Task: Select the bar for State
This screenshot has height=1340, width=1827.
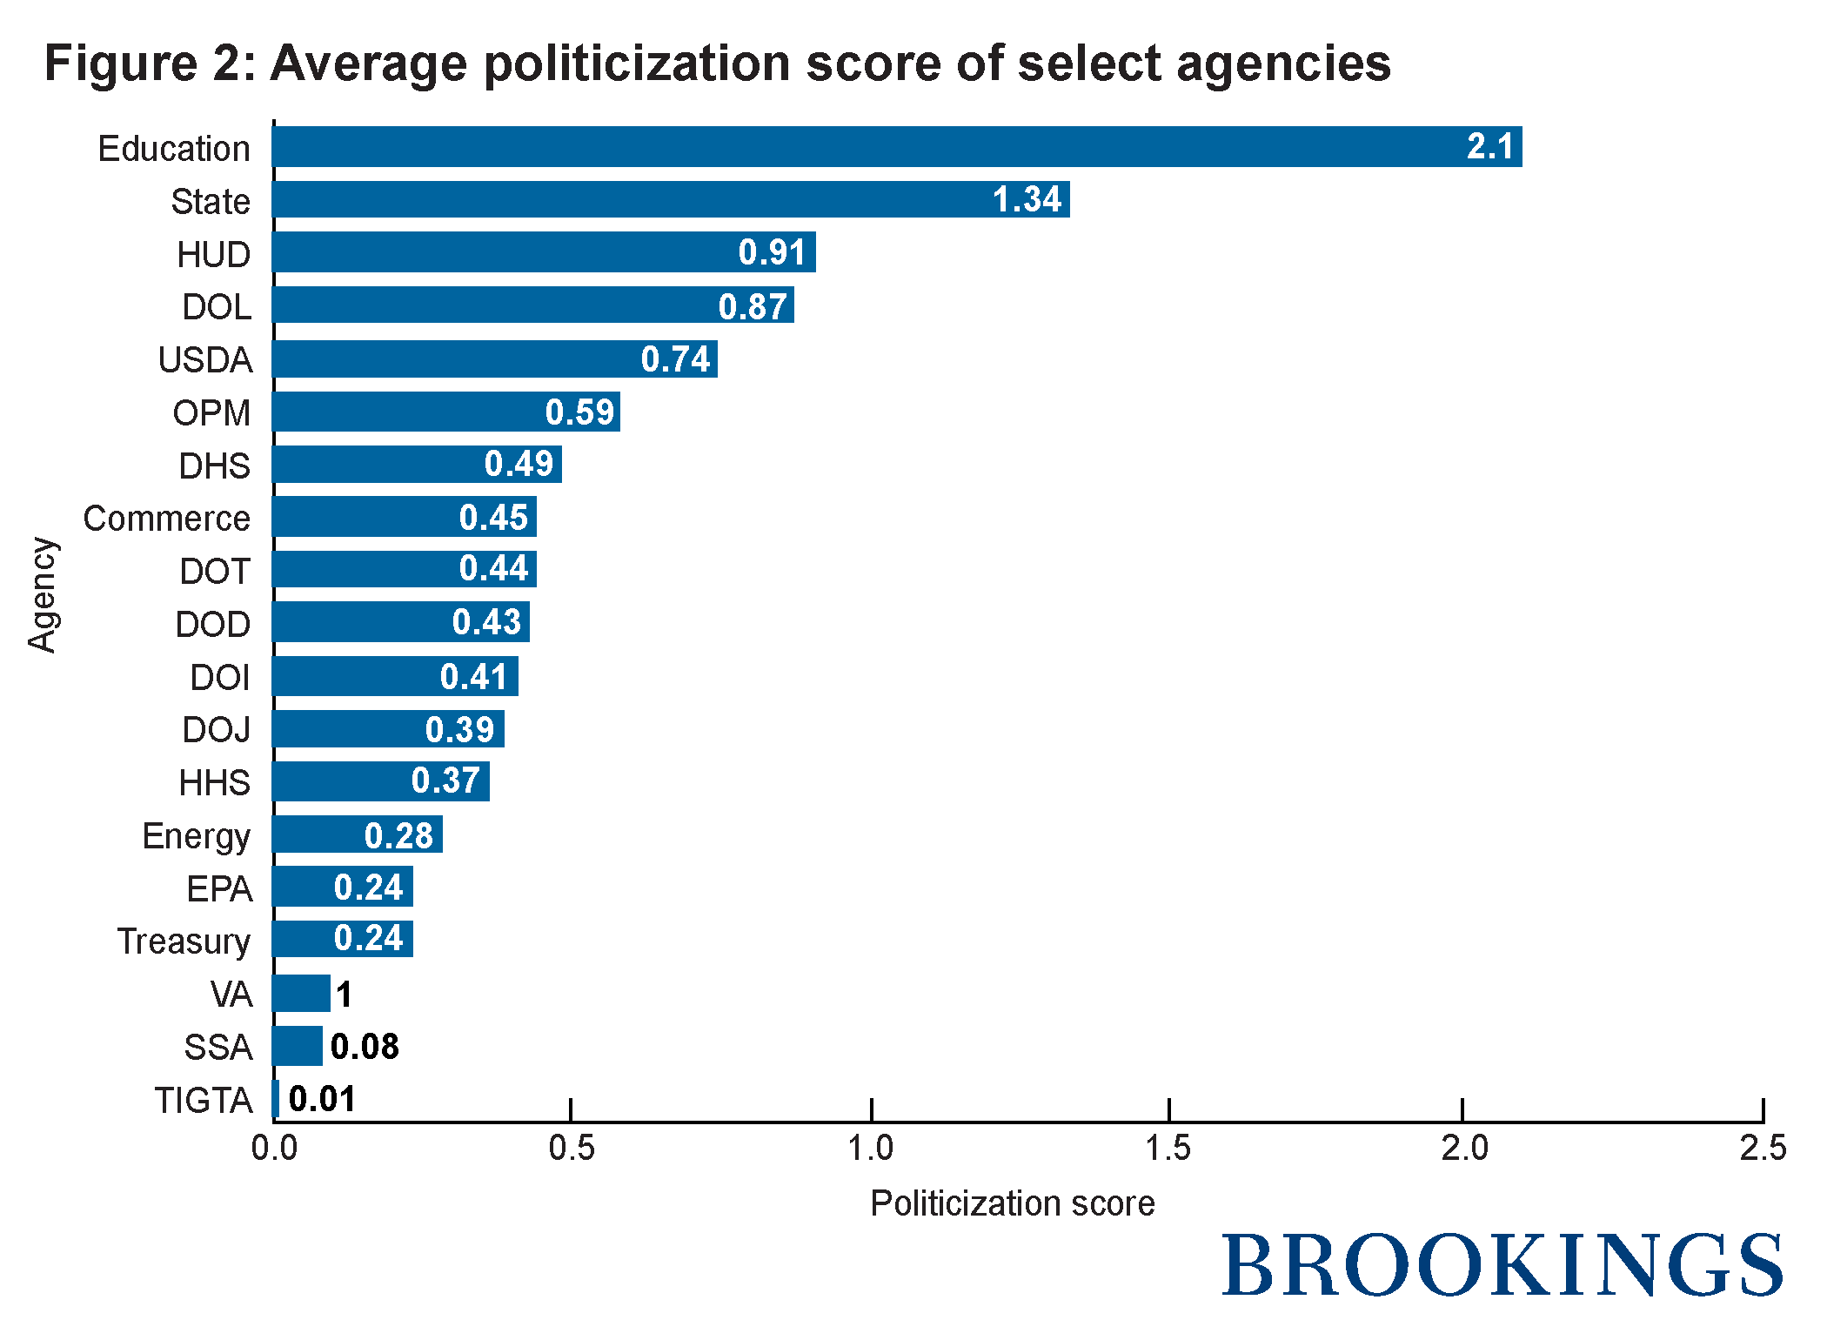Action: click(670, 200)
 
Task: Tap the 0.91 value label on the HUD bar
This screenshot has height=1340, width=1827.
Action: click(772, 252)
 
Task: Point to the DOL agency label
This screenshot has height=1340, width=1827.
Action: click(217, 307)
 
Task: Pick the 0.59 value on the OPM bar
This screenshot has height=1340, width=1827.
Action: click(579, 412)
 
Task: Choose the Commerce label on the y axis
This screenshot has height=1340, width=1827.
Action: click(166, 519)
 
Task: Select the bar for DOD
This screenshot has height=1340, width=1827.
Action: click(400, 622)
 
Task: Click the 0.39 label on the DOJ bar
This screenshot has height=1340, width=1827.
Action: click(459, 729)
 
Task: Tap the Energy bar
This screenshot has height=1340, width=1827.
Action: click(357, 834)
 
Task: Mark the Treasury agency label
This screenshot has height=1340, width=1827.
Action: click(184, 941)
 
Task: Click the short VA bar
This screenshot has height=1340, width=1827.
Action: click(301, 993)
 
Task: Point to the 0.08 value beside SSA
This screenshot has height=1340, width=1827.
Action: click(365, 1047)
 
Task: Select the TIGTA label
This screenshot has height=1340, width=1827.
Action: click(204, 1101)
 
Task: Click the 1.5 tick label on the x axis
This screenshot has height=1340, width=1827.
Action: click(1168, 1149)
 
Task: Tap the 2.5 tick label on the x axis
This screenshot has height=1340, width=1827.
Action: click(1763, 1149)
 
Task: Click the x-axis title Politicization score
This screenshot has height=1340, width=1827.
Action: click(1012, 1203)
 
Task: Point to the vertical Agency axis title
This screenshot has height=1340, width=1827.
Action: click(42, 595)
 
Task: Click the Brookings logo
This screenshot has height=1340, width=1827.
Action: click(1502, 1266)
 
